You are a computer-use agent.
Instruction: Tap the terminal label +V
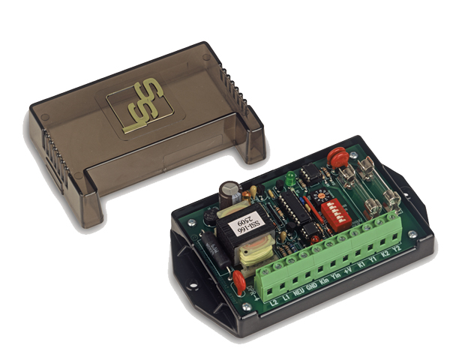[347, 271]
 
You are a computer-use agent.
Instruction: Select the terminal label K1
[360, 267]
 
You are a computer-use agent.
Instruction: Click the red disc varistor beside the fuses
[338, 157]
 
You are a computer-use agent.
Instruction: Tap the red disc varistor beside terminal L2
[238, 283]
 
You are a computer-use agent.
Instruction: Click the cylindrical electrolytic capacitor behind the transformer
[229, 191]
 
